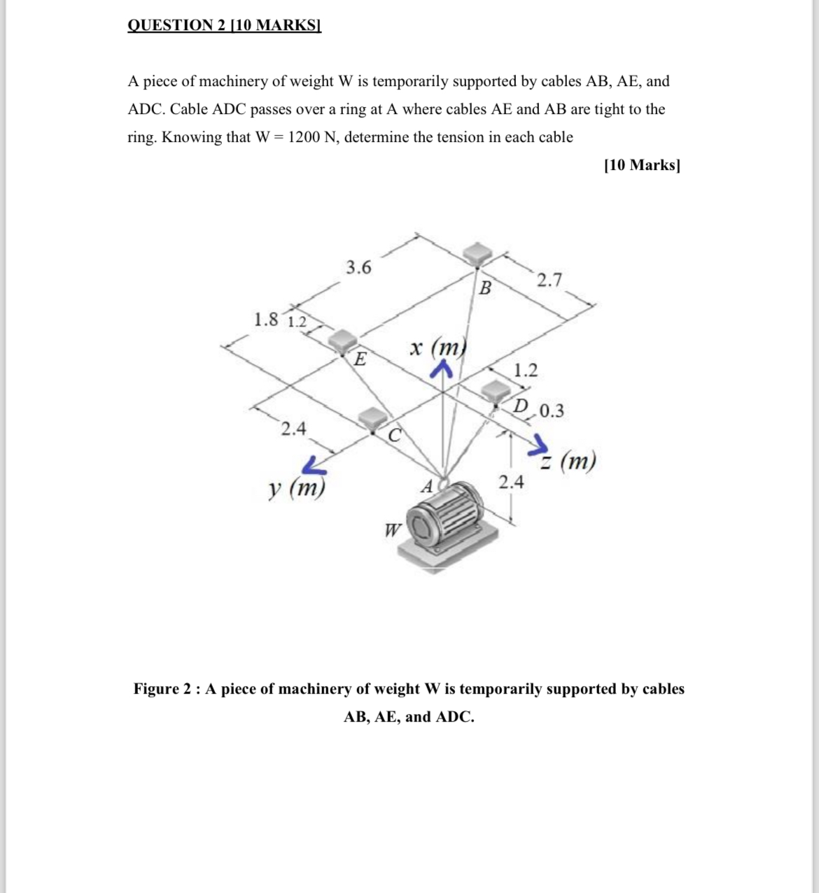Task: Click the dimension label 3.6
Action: pos(359,267)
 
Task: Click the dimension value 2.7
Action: pos(549,280)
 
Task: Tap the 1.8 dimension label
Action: pos(266,320)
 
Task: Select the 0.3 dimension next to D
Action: pos(552,410)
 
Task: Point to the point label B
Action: pos(485,287)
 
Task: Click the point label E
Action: pos(360,359)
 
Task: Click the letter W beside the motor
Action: pos(391,530)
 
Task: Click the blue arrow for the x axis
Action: pos(442,369)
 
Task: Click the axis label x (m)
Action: pos(438,348)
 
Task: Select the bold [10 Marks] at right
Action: pos(641,165)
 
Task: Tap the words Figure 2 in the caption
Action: pos(162,689)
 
